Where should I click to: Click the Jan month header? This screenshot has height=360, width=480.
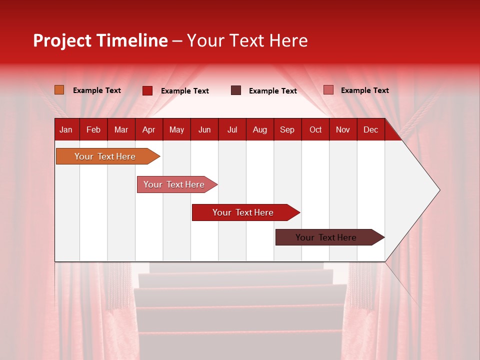[x=66, y=129]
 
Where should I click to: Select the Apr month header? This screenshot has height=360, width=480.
[x=148, y=129]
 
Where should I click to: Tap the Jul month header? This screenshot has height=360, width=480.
[x=232, y=129]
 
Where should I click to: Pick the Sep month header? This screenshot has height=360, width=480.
[x=287, y=129]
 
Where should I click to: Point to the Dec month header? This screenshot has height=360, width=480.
[x=370, y=129]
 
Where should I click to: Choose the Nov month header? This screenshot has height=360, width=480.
[x=342, y=129]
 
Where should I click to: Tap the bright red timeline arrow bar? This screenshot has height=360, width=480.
[x=243, y=212]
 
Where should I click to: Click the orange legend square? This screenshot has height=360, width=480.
[x=59, y=90]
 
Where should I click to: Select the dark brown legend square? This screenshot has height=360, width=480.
[x=236, y=90]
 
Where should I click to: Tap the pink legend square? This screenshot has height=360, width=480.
[x=328, y=90]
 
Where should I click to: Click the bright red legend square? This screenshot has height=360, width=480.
[x=147, y=90]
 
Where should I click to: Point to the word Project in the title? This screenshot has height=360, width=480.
[x=62, y=40]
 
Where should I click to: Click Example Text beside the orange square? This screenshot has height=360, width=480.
[x=97, y=90]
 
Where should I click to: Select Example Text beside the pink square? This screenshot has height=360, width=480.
[x=364, y=90]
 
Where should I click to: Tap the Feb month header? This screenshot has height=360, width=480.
[x=93, y=129]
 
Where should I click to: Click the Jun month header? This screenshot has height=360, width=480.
[x=204, y=129]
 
